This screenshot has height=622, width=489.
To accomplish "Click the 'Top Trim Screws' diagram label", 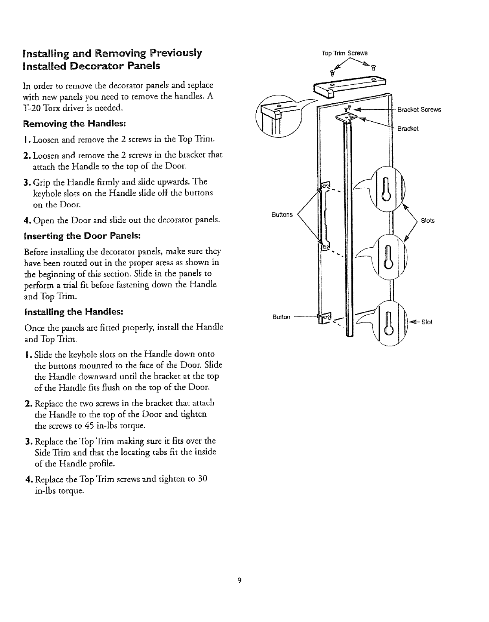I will pos(344,53).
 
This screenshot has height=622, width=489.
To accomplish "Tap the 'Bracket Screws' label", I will pos(419,110).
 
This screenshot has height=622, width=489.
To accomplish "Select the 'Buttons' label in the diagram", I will pos(282,214).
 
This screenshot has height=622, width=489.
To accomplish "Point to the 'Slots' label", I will pos(428,221).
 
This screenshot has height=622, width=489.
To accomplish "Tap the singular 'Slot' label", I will pos(426,322).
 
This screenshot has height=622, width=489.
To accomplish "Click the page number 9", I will pos(239,580).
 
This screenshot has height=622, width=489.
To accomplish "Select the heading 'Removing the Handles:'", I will pos(75,124).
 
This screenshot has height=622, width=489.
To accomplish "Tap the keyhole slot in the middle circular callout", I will pos(388,256).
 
